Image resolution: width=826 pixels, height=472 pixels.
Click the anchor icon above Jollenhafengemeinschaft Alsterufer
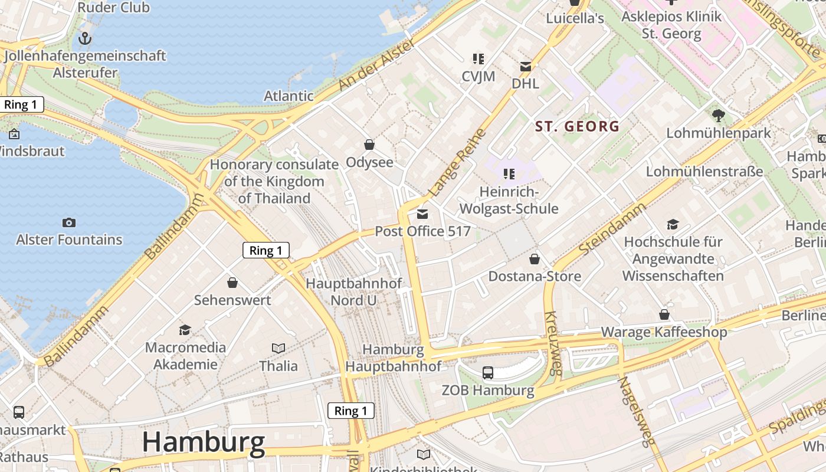(86, 39)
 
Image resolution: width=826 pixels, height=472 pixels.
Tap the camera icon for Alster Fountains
(69, 222)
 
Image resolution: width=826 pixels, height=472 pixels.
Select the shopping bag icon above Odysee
(369, 145)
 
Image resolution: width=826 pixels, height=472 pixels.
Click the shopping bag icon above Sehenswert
(232, 283)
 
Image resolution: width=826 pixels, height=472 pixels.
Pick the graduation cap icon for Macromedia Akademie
(185, 330)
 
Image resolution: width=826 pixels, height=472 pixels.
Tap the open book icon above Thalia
(278, 349)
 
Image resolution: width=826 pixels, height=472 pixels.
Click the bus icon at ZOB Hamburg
(488, 373)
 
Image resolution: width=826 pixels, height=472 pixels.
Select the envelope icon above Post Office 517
(422, 214)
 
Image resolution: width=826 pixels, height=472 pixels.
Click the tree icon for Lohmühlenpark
(718, 115)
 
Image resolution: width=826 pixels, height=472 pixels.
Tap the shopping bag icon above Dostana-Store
(535, 259)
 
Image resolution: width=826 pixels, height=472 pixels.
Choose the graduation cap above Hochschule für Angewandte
(673, 224)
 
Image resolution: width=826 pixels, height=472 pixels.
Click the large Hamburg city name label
(204, 442)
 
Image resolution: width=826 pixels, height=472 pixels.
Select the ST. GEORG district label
(577, 126)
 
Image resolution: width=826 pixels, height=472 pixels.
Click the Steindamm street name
(612, 229)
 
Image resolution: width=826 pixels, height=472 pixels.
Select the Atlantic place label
(289, 96)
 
